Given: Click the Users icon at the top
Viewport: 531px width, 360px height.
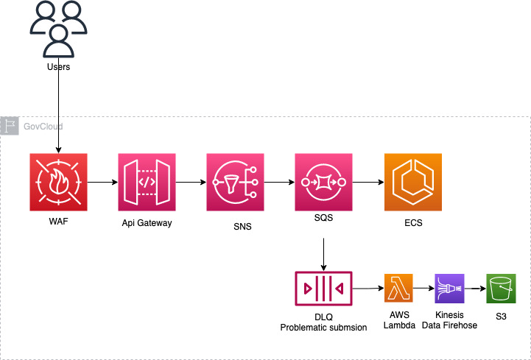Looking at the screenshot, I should click(x=58, y=29).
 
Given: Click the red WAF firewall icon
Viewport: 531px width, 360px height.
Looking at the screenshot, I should click(x=58, y=182).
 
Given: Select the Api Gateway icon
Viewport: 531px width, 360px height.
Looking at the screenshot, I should click(x=147, y=182).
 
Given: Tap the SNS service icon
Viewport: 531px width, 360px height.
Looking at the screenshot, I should click(x=236, y=182).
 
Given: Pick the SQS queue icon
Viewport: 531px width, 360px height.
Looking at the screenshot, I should click(x=323, y=182).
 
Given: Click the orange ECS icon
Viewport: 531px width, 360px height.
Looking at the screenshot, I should click(x=412, y=182).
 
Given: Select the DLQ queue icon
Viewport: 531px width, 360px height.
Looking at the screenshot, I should click(x=323, y=289).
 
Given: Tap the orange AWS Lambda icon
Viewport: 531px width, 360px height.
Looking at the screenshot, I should click(x=398, y=289).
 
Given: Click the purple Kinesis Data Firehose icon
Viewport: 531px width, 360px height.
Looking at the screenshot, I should click(x=449, y=289).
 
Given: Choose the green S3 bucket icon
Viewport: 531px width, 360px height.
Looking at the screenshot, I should click(x=501, y=289).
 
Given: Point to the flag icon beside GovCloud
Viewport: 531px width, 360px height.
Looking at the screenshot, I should click(x=10, y=126).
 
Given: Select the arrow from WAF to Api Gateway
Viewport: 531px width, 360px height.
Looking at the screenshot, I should click(x=102, y=182).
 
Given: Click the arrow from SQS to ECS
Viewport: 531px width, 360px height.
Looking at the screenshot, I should click(x=368, y=182).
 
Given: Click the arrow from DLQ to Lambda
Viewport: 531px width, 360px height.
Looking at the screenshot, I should click(x=368, y=289).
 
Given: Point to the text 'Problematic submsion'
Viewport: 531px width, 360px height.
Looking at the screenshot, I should click(x=323, y=327).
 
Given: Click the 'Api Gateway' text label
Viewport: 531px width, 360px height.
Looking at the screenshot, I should click(x=147, y=222).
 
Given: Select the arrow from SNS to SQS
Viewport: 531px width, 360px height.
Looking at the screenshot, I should click(x=279, y=182).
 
